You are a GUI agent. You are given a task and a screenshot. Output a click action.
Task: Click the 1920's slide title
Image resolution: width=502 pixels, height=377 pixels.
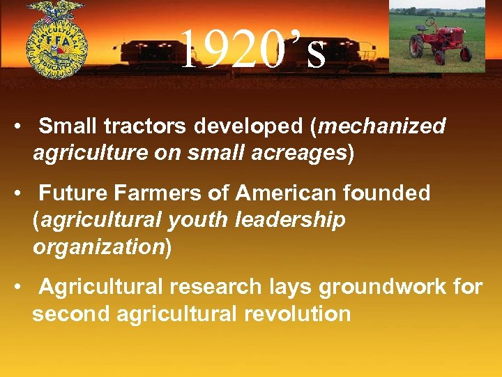pyautogui.click(x=252, y=50)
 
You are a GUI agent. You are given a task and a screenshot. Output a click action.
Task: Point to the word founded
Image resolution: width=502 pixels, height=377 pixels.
pyautogui.click(x=393, y=193)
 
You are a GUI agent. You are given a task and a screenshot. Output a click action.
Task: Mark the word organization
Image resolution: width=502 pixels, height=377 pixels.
pyautogui.click(x=98, y=246)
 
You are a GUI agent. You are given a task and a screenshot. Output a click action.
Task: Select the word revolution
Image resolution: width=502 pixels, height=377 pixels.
pyautogui.click(x=297, y=313)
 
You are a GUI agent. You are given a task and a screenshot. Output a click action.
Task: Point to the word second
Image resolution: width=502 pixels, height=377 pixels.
pyautogui.click(x=71, y=313)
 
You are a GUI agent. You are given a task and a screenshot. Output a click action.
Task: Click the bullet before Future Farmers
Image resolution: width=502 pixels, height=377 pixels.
pyautogui.click(x=23, y=193)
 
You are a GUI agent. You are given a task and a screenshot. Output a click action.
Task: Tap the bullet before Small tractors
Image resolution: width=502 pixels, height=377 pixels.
pyautogui.click(x=23, y=126)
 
